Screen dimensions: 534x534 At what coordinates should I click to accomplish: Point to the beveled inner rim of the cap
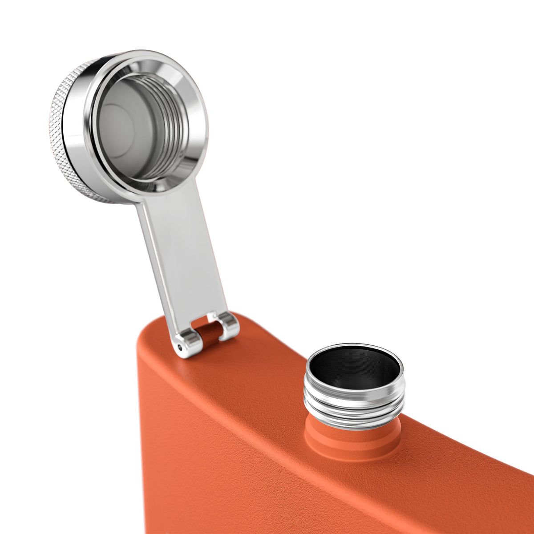pyautogui.click(x=187, y=89)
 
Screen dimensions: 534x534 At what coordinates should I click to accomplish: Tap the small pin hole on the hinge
pyautogui.click(x=179, y=346)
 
